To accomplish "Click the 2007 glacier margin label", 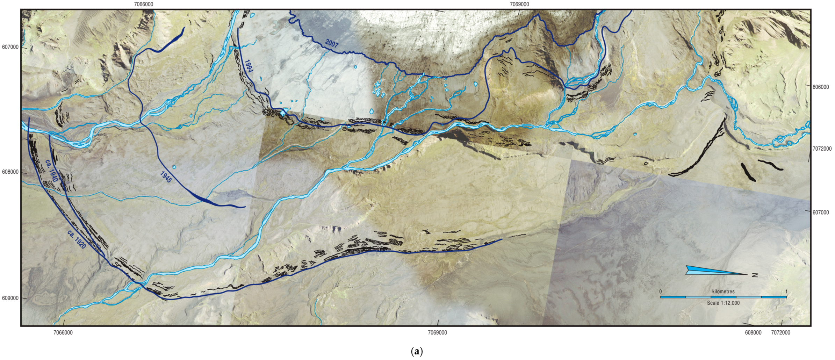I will (331, 43).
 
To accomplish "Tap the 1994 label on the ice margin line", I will (248, 66).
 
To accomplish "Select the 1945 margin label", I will (166, 177).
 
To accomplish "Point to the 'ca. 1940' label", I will (51, 170).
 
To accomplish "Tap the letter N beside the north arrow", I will (755, 275).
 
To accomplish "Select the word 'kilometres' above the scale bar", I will (723, 291).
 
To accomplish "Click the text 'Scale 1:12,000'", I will (723, 303).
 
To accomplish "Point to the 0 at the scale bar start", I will (661, 291).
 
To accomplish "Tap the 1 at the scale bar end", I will (786, 291).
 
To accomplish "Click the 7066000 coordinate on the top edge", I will (143, 4).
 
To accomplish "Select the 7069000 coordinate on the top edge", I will (519, 4).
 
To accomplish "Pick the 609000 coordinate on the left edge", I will (10, 298).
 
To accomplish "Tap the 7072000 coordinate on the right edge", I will (822, 149).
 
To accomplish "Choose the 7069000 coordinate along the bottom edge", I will (437, 333).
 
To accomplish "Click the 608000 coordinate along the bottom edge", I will (753, 333).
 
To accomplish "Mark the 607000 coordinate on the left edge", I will (10, 47).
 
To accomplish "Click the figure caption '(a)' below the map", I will (417, 351).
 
